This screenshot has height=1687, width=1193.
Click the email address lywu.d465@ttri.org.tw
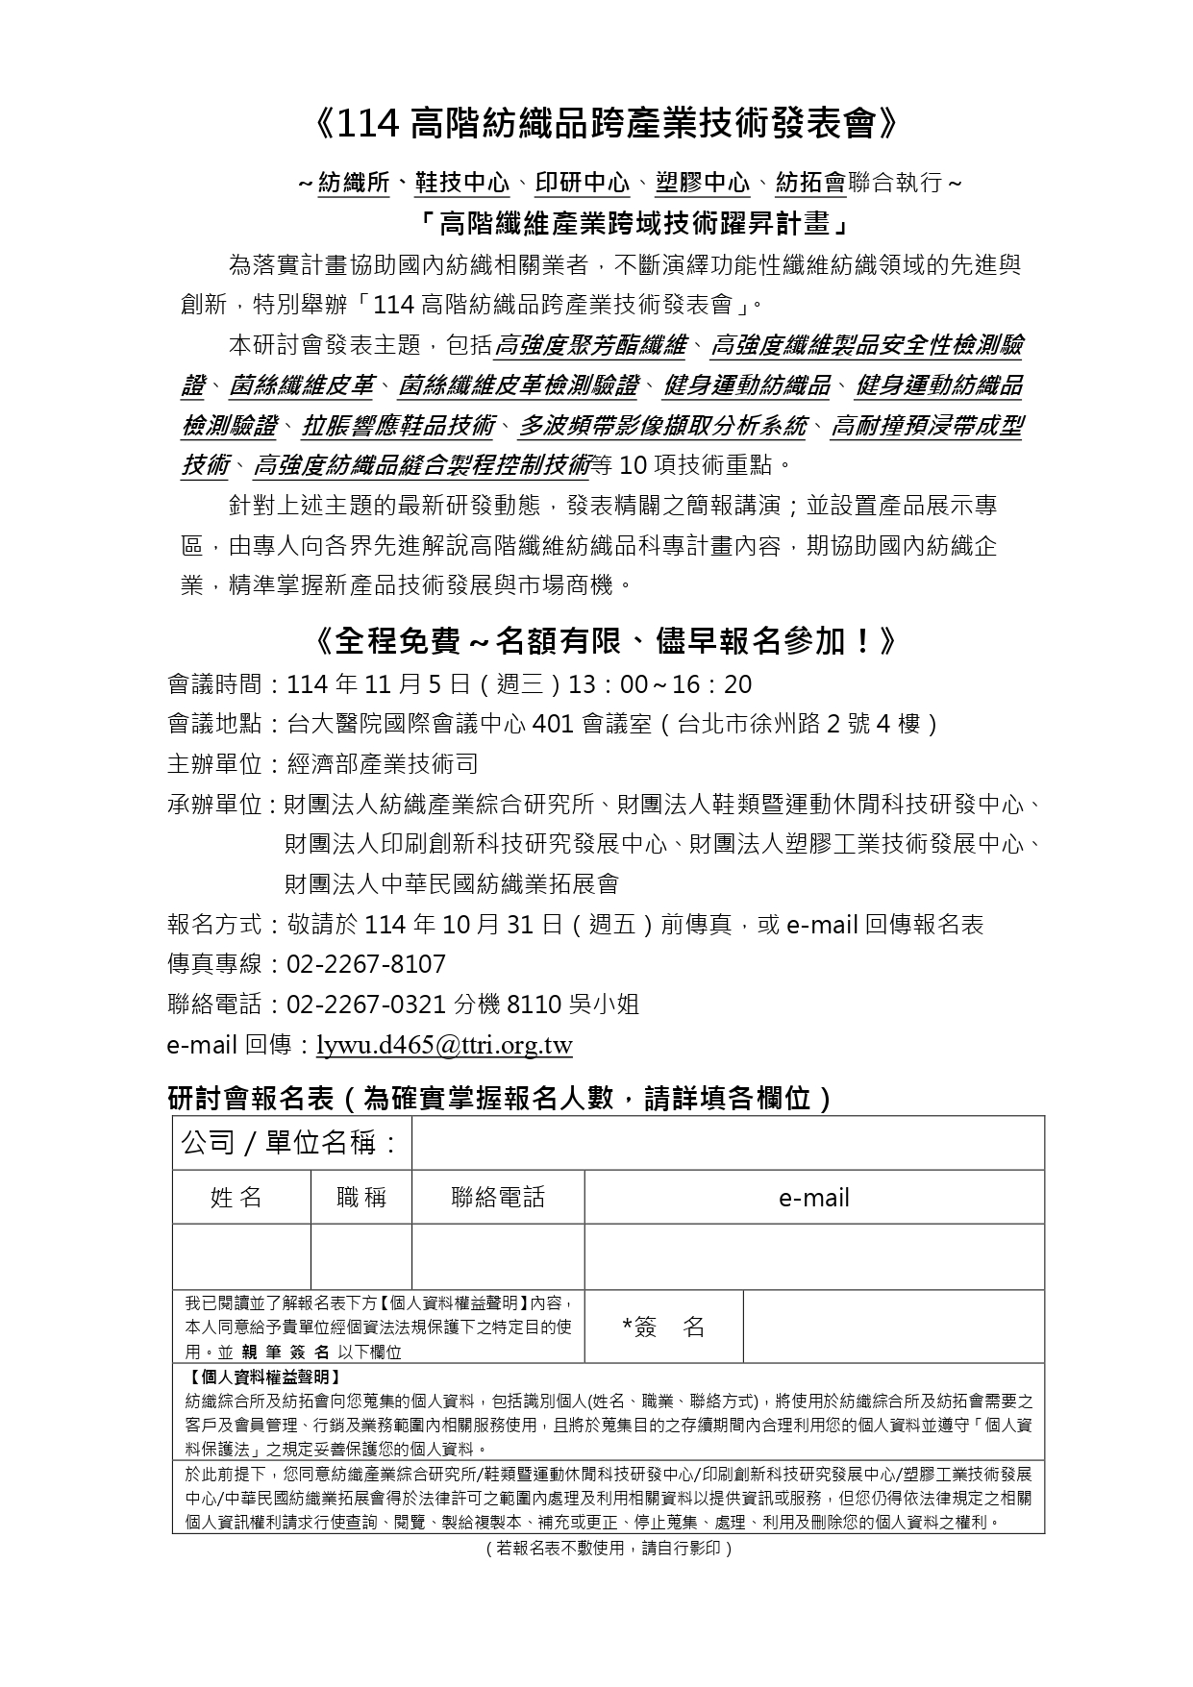coord(444,1046)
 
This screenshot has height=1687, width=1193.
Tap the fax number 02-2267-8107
coord(366,964)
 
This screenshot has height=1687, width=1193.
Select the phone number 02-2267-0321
coord(366,1005)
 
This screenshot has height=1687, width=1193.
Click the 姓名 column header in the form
coord(236,1197)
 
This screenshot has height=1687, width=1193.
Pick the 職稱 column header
coord(361,1197)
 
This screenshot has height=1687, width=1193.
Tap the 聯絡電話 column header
coord(498,1197)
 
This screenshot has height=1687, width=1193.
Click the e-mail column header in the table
coord(814,1198)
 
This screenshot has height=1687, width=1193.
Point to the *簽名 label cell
coord(663,1327)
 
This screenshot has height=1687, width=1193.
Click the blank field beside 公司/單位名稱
coord(728,1143)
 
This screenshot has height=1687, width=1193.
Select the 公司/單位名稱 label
coord(290,1143)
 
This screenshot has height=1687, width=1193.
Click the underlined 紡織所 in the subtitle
coord(354,183)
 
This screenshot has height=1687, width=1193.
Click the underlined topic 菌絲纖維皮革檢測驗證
coord(518,386)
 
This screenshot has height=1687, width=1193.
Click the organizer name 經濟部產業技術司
coord(383,764)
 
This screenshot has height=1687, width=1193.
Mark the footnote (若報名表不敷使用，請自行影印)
coord(609,1549)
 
